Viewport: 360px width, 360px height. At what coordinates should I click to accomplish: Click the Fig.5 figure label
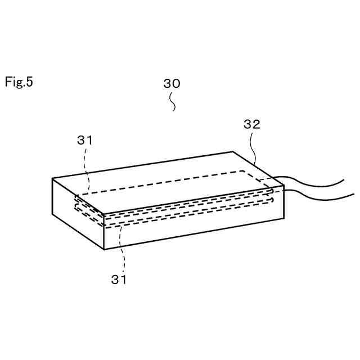pyautogui.click(x=19, y=82)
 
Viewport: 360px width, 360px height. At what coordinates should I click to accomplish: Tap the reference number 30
pyautogui.click(x=172, y=83)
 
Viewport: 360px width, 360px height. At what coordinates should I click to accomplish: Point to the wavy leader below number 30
pyautogui.click(x=173, y=102)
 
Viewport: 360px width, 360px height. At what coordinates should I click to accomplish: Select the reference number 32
pyautogui.click(x=251, y=125)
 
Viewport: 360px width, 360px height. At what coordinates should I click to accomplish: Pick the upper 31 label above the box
pyautogui.click(x=85, y=141)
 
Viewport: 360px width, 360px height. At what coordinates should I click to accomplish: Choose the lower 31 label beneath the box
pyautogui.click(x=119, y=279)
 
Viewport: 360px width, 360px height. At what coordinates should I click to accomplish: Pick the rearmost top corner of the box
pyautogui.click(x=233, y=152)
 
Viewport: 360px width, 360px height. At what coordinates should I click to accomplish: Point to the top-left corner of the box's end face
pyautogui.click(x=52, y=179)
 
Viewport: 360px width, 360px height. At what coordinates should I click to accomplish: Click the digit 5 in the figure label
pyautogui.click(x=30, y=82)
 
